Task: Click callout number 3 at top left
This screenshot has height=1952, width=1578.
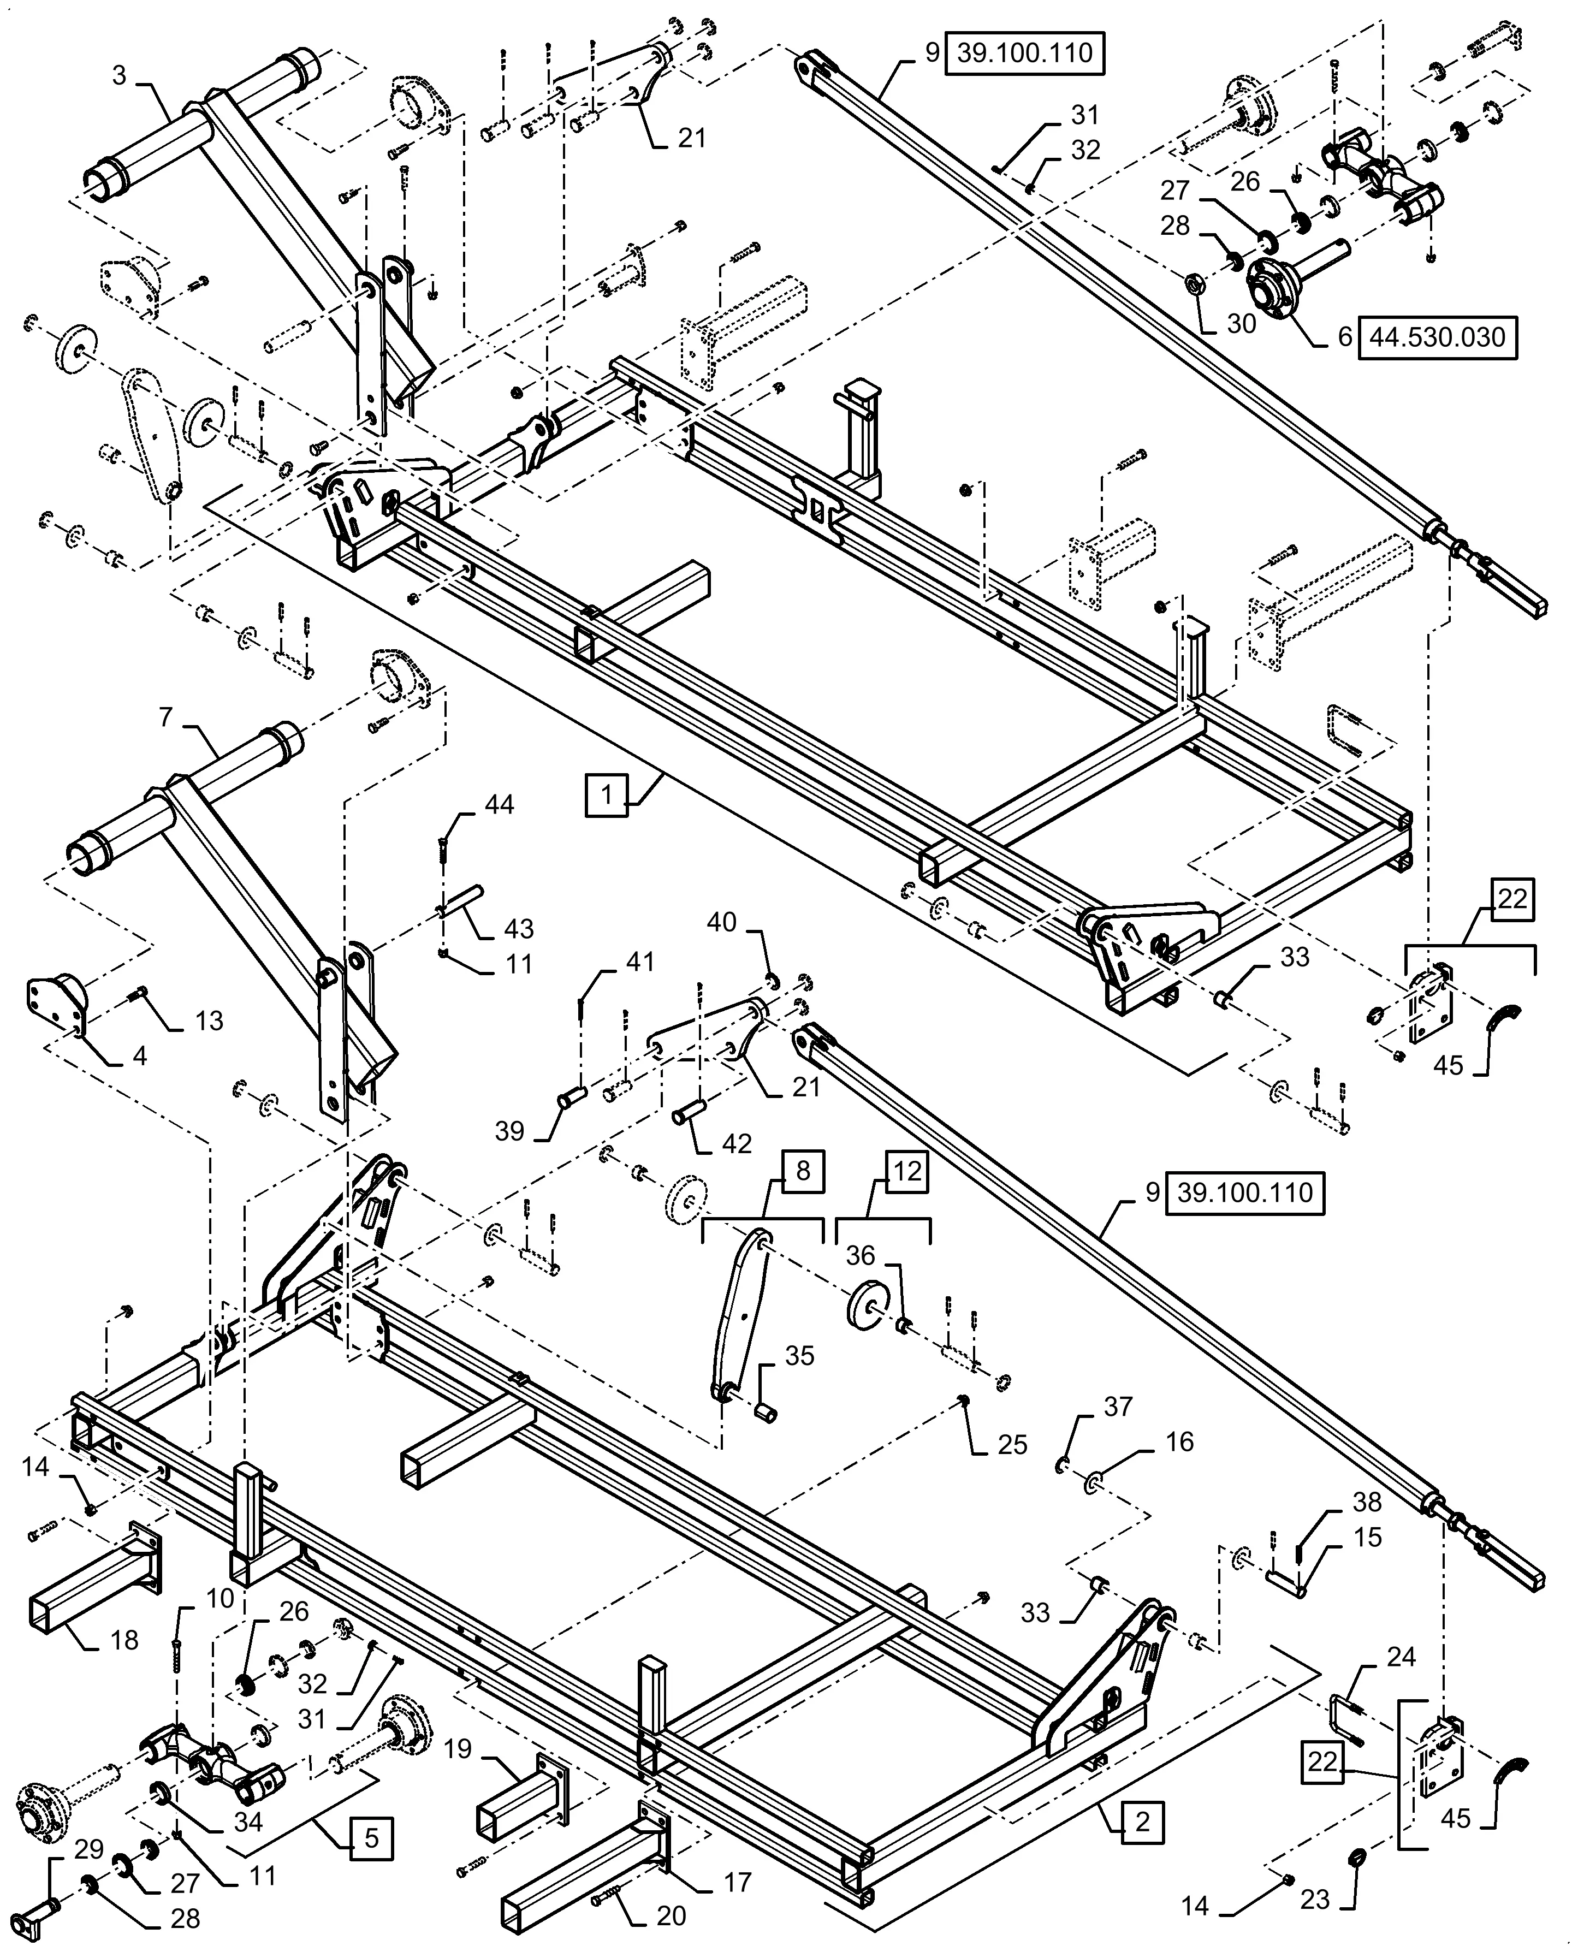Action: pyautogui.click(x=119, y=75)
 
